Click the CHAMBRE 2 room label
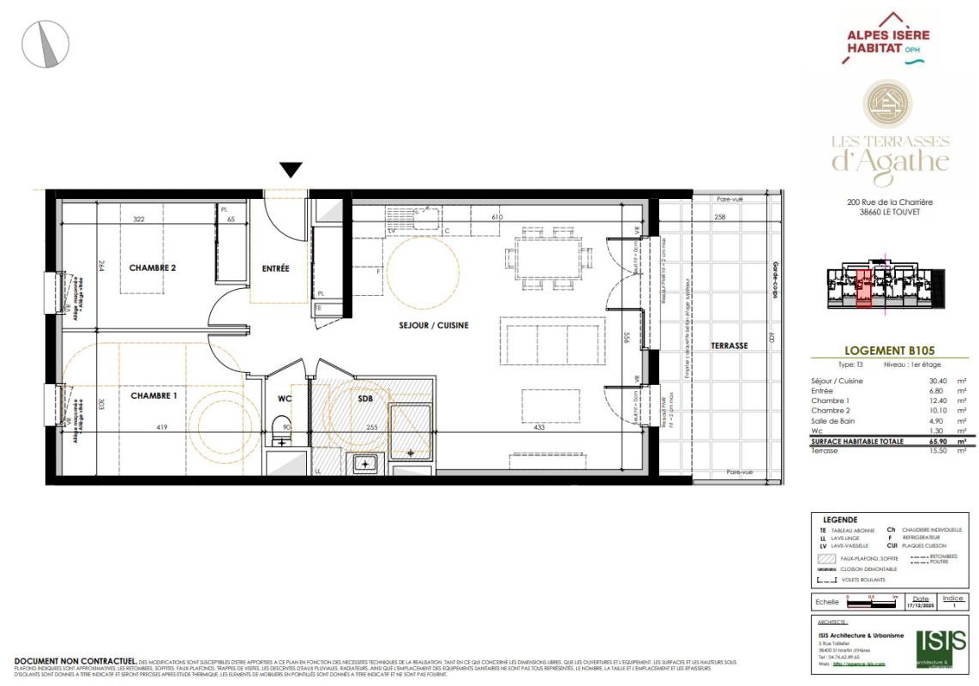[x=153, y=268]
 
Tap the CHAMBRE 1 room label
[x=153, y=396]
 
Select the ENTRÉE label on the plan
[x=275, y=268]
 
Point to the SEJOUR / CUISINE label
[x=420, y=326]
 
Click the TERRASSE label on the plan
[x=730, y=346]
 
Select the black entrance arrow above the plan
[x=291, y=170]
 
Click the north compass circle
[x=45, y=44]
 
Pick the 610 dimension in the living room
[x=496, y=218]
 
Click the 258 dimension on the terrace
[x=720, y=218]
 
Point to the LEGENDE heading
[x=839, y=520]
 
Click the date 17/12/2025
[x=921, y=606]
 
